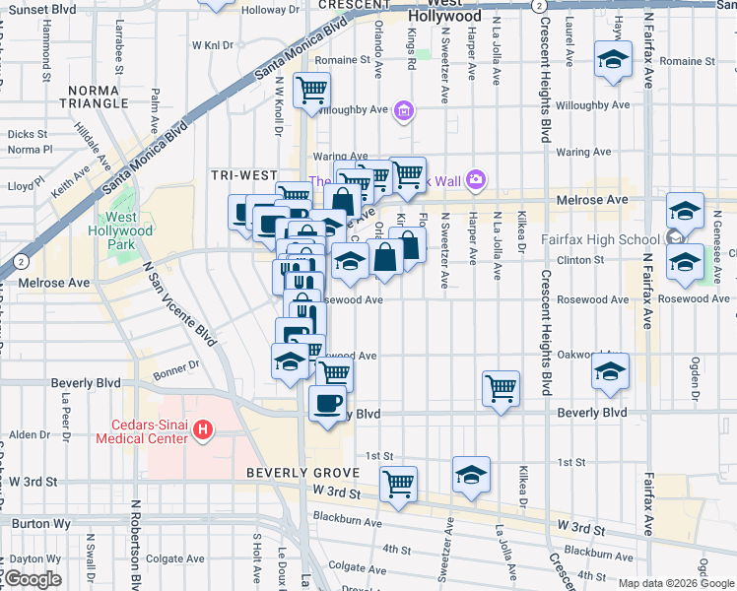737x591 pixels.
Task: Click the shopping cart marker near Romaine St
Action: [x=312, y=91]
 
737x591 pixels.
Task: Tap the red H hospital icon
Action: [x=203, y=429]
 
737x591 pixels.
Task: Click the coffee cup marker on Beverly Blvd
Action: [x=327, y=403]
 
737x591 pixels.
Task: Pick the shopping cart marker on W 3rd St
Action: [x=398, y=484]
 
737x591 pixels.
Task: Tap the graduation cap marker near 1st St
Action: [x=472, y=475]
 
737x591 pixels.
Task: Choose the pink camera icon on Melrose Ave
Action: [x=477, y=179]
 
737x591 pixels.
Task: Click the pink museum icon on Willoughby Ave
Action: [x=402, y=111]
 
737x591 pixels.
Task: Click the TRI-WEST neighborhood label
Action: [x=243, y=175]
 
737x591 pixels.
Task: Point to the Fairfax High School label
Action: [x=601, y=239]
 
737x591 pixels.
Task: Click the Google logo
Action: [x=33, y=579]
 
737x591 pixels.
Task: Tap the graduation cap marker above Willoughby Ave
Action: [x=612, y=59]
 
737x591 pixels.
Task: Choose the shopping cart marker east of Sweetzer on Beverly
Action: [x=501, y=387]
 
